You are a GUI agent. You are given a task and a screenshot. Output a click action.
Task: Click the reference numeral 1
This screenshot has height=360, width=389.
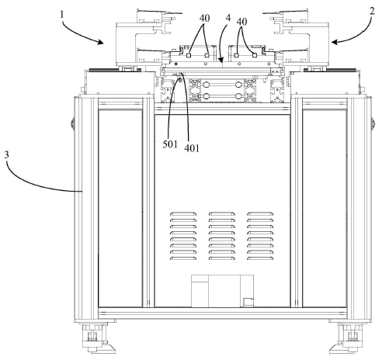click(x=61, y=15)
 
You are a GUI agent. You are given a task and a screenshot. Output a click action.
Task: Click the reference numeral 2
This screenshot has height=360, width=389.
click(x=372, y=11)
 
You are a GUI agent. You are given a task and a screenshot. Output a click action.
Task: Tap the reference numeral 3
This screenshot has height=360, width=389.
click(x=6, y=155)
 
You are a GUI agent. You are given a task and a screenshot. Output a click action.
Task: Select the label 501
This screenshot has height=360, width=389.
click(x=170, y=144)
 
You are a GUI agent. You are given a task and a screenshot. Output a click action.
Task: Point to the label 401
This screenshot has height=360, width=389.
click(x=192, y=148)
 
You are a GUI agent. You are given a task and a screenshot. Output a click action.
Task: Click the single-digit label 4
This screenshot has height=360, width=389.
click(x=228, y=18)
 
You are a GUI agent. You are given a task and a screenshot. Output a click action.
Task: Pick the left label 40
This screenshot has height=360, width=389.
click(x=204, y=19)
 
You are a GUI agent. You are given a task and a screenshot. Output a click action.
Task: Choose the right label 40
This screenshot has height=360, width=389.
click(x=241, y=22)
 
